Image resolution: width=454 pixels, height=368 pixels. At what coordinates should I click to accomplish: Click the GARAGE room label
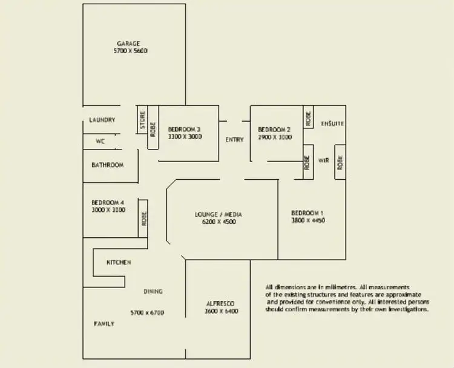(128, 44)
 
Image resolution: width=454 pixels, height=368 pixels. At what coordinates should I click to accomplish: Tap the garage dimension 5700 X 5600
(130, 51)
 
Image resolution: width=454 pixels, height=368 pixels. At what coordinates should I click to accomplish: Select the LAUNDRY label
(102, 120)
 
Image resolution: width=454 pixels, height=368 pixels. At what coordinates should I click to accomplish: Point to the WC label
(100, 142)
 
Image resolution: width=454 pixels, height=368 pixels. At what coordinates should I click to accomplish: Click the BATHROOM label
(107, 165)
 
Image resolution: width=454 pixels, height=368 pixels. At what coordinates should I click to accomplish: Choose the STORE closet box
(142, 120)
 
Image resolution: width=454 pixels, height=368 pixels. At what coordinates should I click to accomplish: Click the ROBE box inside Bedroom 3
(153, 128)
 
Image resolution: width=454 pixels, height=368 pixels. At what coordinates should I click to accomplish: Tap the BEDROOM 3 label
(184, 130)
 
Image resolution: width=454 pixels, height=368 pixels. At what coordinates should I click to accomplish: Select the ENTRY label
(234, 140)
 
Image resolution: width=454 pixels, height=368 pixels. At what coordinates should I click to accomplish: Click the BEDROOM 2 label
(274, 130)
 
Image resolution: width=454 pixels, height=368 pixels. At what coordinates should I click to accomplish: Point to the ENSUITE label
(332, 123)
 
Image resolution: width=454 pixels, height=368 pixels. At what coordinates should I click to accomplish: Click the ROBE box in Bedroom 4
(143, 218)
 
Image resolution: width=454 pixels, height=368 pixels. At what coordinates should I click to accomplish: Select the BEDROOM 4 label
(108, 202)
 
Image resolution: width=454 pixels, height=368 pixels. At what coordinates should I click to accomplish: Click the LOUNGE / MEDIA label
(219, 214)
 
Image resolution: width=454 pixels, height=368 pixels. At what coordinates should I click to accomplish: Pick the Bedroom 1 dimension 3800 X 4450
(308, 221)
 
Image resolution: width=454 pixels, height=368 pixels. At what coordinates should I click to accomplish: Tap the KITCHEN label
(119, 263)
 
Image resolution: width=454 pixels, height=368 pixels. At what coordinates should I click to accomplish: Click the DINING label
(153, 292)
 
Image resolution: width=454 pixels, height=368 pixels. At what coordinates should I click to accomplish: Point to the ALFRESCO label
(220, 303)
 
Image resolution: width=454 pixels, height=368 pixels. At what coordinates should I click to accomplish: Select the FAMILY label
(104, 324)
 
